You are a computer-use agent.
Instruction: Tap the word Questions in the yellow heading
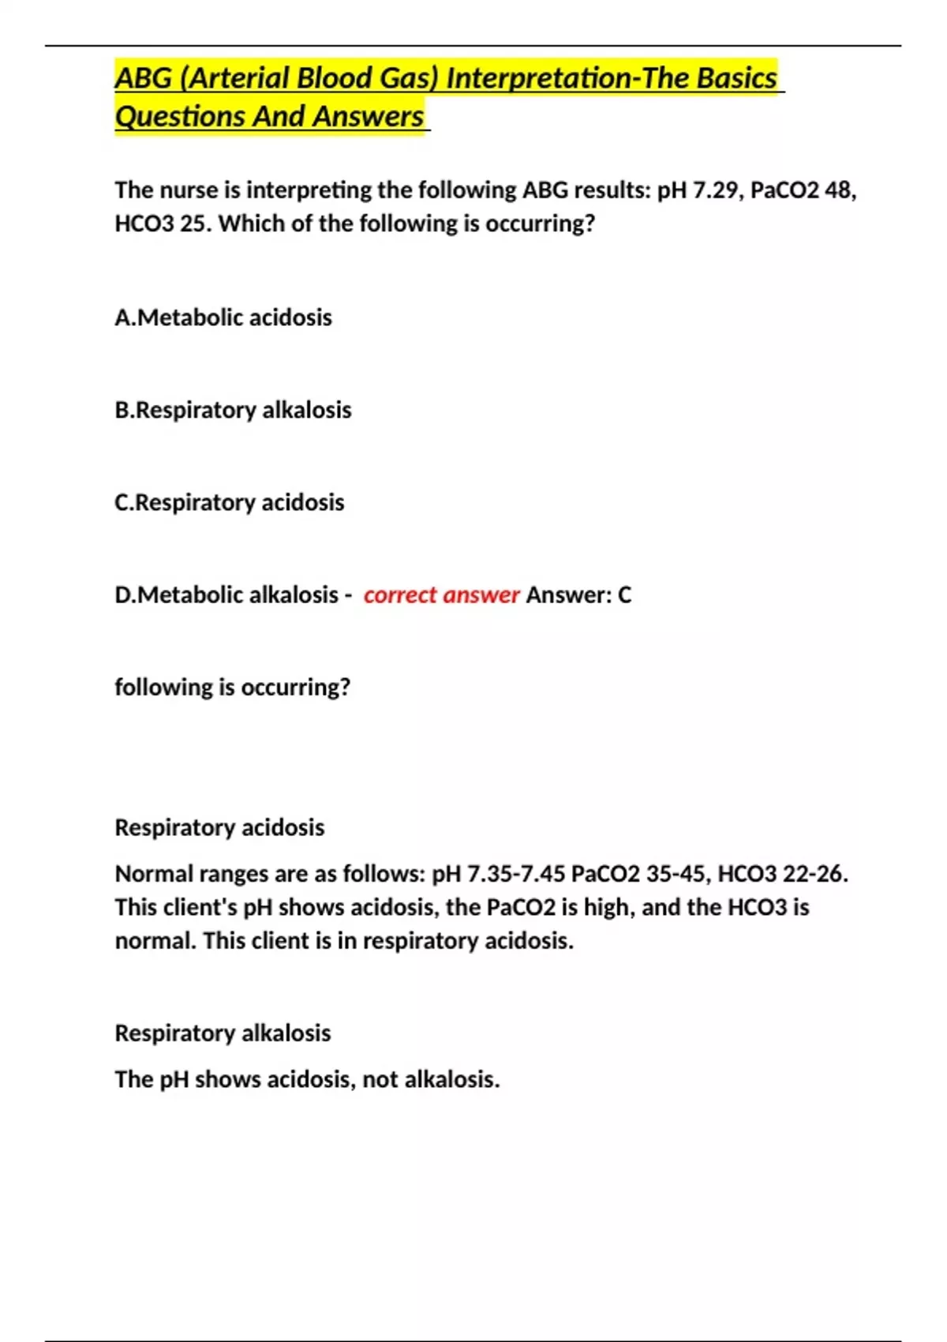point(180,117)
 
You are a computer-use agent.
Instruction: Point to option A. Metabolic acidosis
point(223,317)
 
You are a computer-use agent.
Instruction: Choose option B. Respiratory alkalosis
point(233,410)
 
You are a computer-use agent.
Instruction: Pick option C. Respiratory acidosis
point(229,502)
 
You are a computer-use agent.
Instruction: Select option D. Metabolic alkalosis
point(226,594)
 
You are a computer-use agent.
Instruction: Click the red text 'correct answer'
point(441,594)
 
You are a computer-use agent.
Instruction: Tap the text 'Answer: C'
point(578,594)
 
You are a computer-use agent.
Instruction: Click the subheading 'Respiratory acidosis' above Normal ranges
point(219,827)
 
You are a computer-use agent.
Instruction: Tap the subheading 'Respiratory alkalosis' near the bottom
point(223,1033)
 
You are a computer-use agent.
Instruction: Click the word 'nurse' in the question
point(187,190)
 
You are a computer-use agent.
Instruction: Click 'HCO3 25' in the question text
point(163,224)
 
